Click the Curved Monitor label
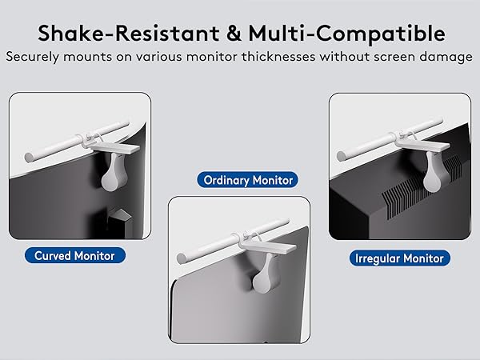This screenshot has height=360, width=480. [x=75, y=256]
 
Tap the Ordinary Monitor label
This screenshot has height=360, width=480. [x=249, y=180]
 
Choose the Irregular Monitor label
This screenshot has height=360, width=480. [x=399, y=258]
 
